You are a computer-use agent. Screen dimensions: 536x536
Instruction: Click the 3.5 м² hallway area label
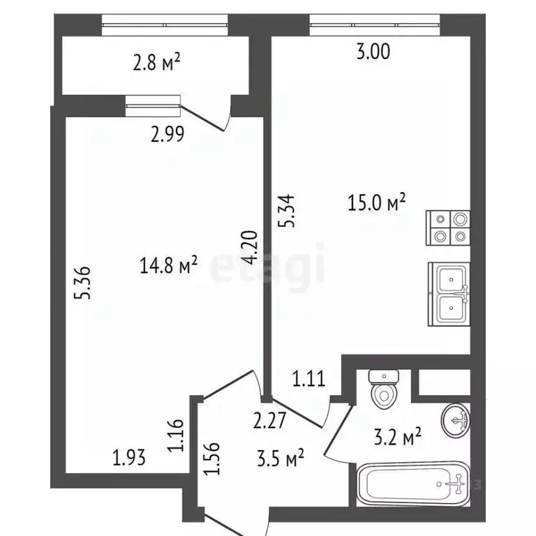(x=281, y=459)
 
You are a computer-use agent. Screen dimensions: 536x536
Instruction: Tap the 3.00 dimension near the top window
(x=373, y=51)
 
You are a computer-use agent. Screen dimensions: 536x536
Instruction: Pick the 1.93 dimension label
(x=130, y=458)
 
